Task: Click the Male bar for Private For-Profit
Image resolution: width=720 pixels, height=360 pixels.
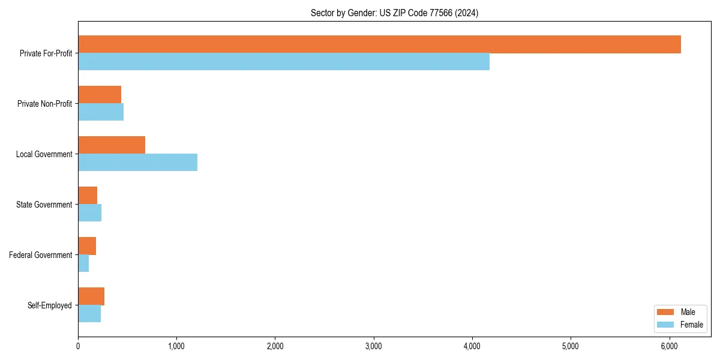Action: [x=379, y=44]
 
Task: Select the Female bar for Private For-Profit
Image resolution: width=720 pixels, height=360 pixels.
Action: [x=284, y=62]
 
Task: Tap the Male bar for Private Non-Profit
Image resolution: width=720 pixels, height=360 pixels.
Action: [x=100, y=94]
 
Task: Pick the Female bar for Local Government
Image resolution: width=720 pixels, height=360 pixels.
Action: [x=137, y=163]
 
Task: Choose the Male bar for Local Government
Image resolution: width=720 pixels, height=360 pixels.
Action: [x=112, y=145]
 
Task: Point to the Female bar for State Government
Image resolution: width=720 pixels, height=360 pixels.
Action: [x=89, y=213]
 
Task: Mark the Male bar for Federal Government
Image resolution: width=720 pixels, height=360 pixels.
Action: [x=87, y=246]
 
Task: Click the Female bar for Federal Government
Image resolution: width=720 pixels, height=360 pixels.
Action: [x=83, y=263]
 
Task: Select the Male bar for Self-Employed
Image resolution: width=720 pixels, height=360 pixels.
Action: [x=91, y=296]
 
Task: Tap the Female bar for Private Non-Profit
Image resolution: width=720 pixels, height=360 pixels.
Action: [x=101, y=112]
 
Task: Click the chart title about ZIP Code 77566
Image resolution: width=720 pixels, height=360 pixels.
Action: [x=394, y=13]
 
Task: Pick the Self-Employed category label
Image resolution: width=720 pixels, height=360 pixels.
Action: [x=49, y=305]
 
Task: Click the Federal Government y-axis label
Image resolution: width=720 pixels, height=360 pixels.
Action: [x=41, y=255]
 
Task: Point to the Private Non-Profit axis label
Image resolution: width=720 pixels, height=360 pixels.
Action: [x=44, y=104]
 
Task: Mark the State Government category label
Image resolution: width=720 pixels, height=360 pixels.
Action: [x=44, y=205]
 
